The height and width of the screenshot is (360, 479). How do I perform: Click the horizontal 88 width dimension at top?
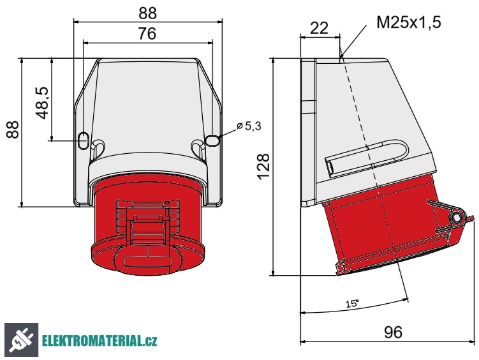point(147,12)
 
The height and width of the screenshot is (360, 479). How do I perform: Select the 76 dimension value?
point(147,34)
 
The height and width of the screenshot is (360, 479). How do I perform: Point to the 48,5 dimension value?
point(43,101)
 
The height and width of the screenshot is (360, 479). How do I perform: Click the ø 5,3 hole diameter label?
point(249,126)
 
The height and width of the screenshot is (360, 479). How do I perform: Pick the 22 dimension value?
point(319,27)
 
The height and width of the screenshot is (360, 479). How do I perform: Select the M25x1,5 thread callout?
point(409,22)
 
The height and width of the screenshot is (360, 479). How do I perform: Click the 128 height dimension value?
point(263,167)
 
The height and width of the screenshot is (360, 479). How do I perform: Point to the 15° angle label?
point(352,304)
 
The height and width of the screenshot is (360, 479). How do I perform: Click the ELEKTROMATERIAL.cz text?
point(100,341)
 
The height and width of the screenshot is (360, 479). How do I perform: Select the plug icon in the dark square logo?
point(21,340)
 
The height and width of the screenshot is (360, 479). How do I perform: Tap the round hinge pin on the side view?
point(457,218)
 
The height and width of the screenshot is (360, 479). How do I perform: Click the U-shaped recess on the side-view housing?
point(367,158)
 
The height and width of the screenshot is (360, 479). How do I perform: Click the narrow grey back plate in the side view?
point(307,131)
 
